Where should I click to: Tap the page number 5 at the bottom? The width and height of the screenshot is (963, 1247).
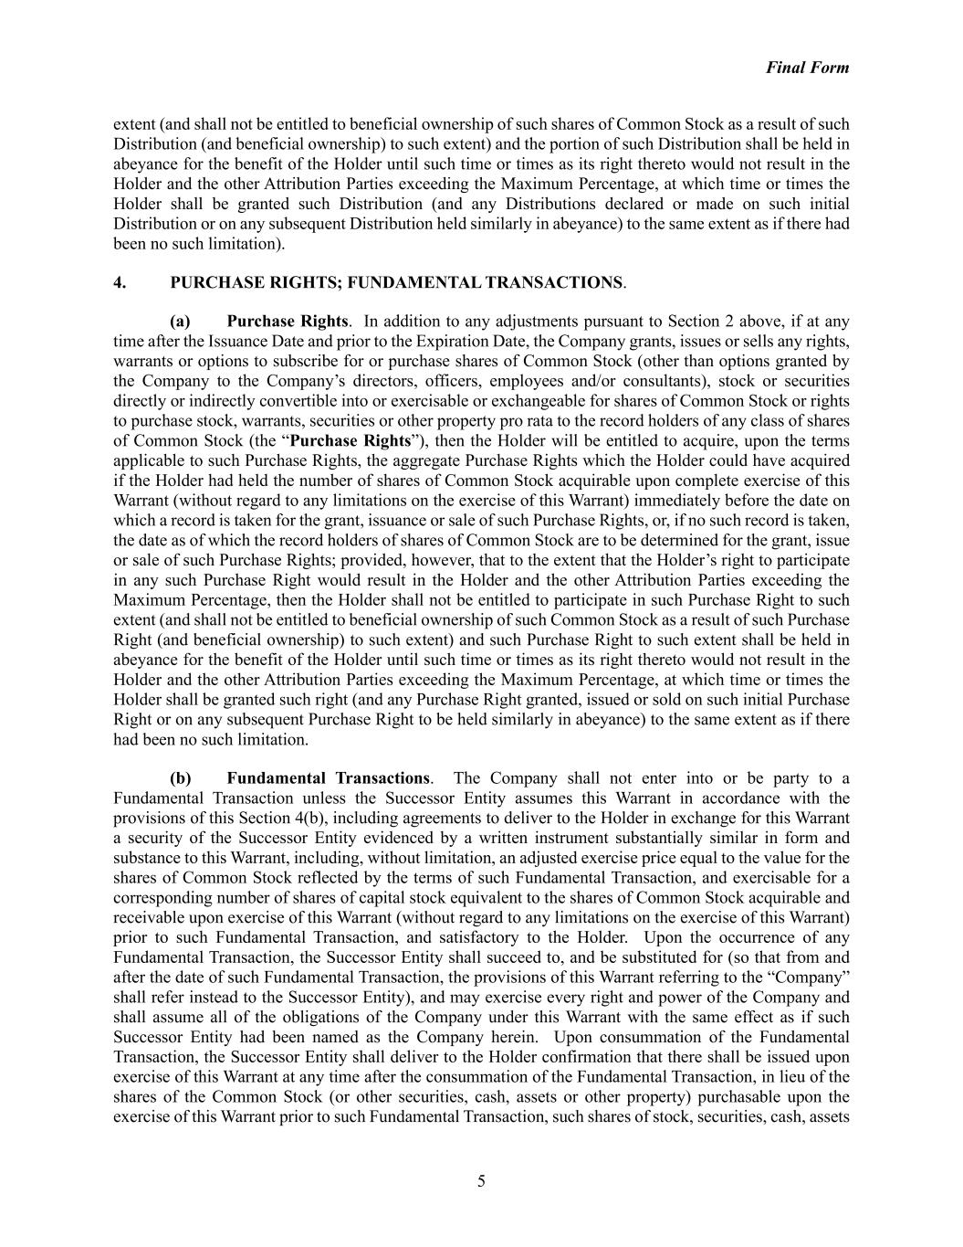pos(481,1181)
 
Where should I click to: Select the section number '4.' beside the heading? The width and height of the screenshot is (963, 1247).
pos(120,282)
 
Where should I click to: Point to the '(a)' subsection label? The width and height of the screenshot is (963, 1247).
pos(180,322)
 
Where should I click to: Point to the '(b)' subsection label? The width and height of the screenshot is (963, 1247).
pos(181,778)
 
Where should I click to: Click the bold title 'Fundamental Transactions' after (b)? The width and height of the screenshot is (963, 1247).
pos(328,778)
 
